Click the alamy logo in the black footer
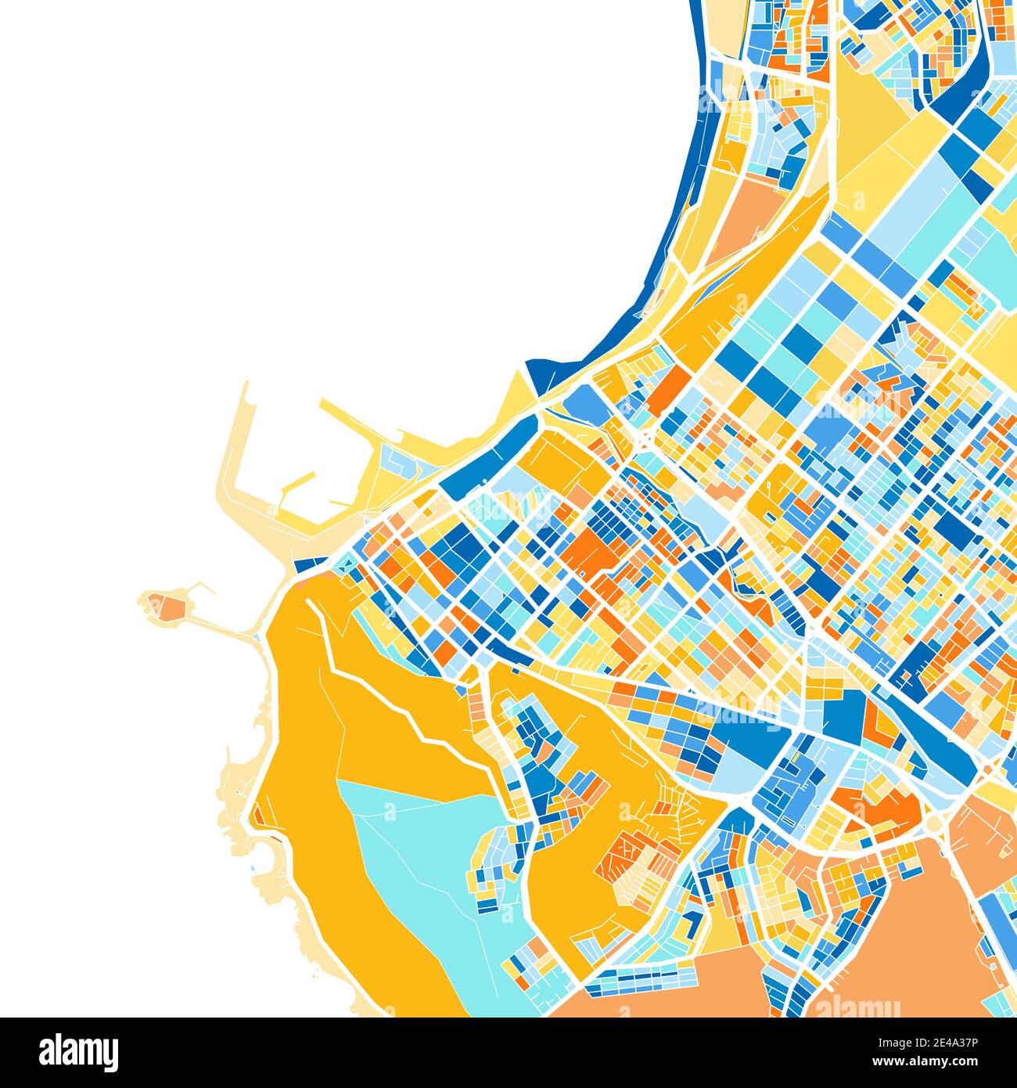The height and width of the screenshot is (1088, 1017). [x=78, y=1050]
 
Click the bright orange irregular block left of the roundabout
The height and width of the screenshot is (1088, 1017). [x=876, y=806]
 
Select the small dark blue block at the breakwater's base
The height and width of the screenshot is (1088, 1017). [x=310, y=563]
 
